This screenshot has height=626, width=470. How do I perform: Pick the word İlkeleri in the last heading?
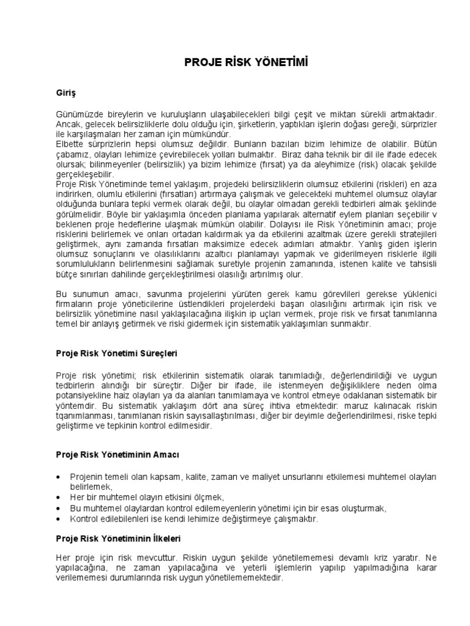[x=162, y=539]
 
